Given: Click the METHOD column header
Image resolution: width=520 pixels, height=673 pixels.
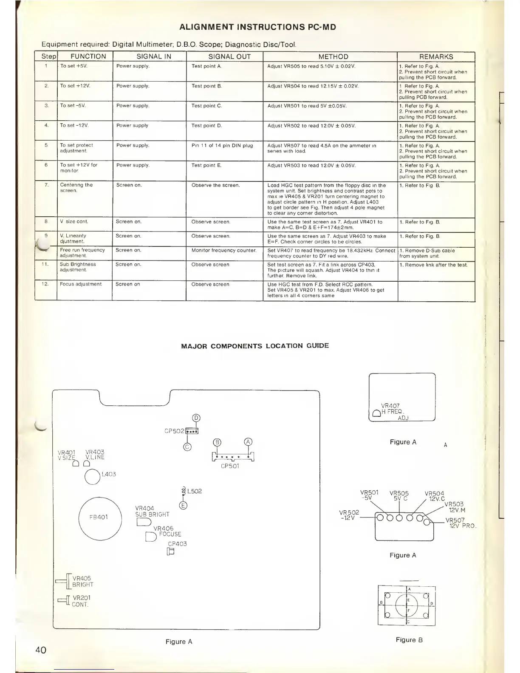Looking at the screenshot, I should (x=333, y=57).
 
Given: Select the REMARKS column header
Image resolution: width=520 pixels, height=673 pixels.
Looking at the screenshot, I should (x=436, y=57).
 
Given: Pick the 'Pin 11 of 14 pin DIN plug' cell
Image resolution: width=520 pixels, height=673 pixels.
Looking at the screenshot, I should (x=222, y=146).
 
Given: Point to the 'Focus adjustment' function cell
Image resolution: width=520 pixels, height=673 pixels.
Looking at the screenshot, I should (x=81, y=284).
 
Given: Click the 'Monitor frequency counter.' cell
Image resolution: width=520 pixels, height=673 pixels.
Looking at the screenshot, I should (x=224, y=250).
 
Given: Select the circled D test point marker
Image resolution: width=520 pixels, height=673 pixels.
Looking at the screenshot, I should (x=196, y=418).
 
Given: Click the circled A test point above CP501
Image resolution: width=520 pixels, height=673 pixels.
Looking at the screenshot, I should (x=248, y=442).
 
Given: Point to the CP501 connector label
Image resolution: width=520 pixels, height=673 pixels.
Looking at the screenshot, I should (x=230, y=466).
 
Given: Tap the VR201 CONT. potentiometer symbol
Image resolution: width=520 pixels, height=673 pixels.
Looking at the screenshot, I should (x=63, y=600).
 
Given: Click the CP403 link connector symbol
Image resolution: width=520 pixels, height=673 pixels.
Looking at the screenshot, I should (x=171, y=552).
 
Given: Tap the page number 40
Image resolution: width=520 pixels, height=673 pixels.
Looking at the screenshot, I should (x=41, y=650).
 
